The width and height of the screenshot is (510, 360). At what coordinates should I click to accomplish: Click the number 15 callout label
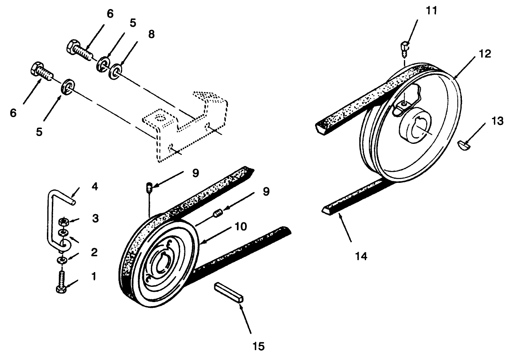(x=259, y=346)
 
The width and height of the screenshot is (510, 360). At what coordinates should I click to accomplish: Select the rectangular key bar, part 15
(x=229, y=292)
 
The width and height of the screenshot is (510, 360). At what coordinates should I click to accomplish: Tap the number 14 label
(x=361, y=256)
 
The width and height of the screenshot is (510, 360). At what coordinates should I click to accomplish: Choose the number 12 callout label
(x=485, y=54)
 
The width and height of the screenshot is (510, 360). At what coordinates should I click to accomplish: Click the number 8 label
(x=151, y=34)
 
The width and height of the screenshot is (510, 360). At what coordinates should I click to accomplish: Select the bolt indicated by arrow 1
(x=62, y=283)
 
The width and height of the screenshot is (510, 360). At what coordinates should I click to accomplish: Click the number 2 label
(x=94, y=252)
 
